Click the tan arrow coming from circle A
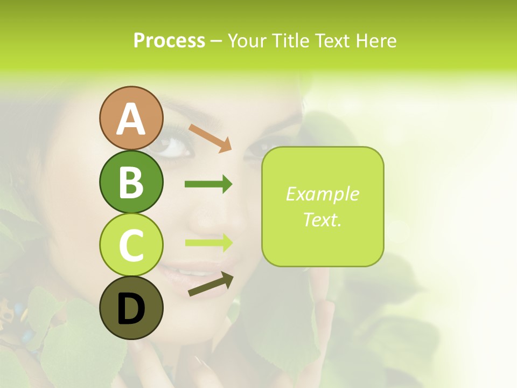(x=210, y=138)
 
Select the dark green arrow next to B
(x=208, y=184)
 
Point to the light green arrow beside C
(x=208, y=242)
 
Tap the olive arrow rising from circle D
(x=211, y=284)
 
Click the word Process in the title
(x=169, y=40)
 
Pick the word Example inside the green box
(x=323, y=194)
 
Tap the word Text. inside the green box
(x=323, y=219)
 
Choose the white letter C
(x=131, y=246)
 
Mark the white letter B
(x=131, y=182)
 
